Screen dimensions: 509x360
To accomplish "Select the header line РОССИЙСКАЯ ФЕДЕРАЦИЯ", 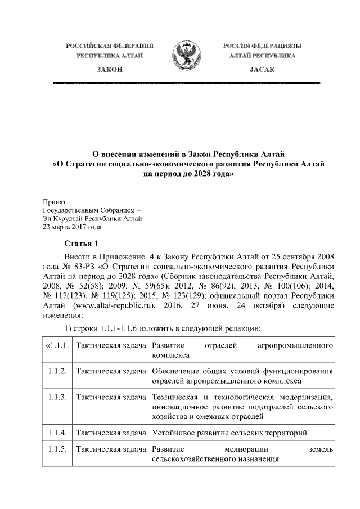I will [110, 44].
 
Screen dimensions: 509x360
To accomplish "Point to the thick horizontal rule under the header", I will [186, 83].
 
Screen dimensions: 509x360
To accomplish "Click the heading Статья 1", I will [82, 243].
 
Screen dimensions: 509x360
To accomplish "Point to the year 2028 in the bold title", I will [201, 174].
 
